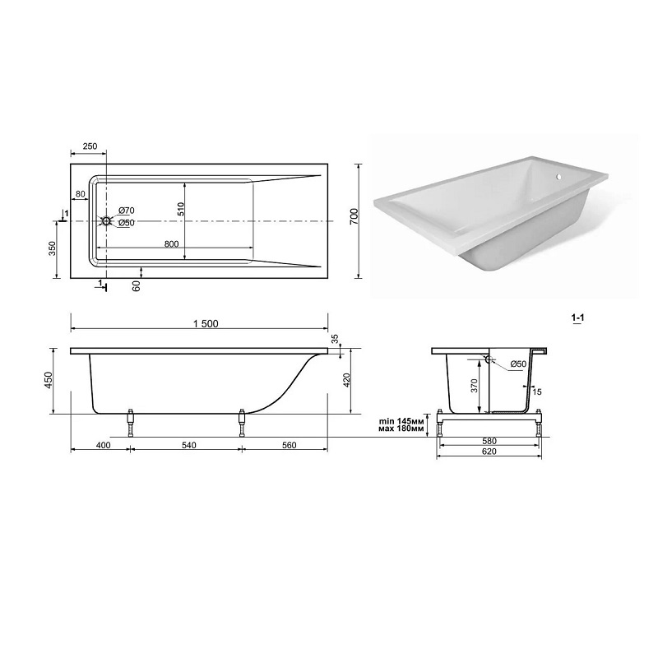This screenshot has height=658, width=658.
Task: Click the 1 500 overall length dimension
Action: click(206, 323)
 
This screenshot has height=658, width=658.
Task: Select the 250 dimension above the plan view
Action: click(90, 146)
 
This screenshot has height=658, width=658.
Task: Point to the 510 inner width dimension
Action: click(180, 209)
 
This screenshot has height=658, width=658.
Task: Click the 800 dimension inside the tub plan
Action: click(172, 244)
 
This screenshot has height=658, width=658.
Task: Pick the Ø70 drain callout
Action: click(127, 211)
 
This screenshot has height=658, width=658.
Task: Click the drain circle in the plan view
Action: click(106, 220)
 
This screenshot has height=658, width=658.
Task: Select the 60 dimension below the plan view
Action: click(136, 285)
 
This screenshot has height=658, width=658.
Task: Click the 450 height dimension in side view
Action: click(49, 379)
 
